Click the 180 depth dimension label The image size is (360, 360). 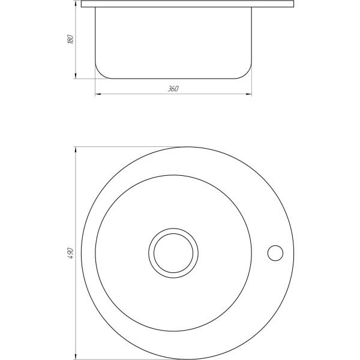point(70,40)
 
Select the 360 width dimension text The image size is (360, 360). point(173,89)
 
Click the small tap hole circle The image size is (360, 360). point(275,253)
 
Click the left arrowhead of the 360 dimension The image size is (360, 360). point(98,94)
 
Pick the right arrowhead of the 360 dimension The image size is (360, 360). point(249,94)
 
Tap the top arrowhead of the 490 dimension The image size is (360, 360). point(75,149)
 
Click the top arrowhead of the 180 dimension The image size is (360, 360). point(75,4)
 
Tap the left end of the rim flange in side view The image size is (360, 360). point(82,4)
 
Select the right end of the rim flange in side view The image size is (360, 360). point(294,4)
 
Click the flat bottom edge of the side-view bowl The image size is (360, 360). point(173,79)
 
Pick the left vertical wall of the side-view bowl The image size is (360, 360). point(95,36)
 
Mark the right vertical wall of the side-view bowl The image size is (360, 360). point(251,36)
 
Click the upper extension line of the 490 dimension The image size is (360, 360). point(120,146)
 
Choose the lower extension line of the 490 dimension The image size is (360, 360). point(120,358)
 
